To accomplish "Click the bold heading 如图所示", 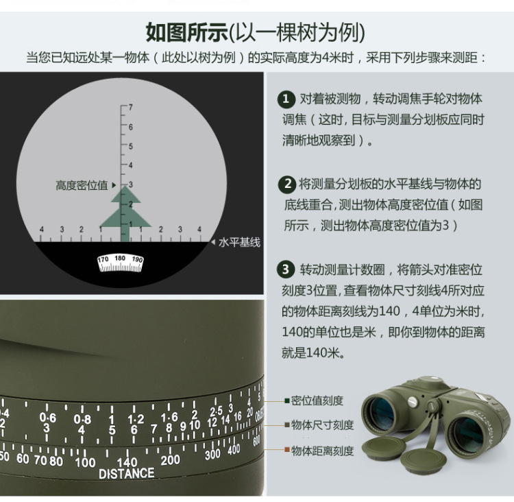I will pos(186,32).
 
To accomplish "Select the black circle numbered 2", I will pos(286,184).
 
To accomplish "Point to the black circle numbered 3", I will pos(286,269).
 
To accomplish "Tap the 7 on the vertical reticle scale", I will pos(130,108).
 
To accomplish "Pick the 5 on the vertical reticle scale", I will pos(130,146).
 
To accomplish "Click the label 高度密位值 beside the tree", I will pos(82,185).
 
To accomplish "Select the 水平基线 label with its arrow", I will pos(235,243).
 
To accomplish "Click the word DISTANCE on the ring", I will pos(126,473).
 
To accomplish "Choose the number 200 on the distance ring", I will pos(169,459).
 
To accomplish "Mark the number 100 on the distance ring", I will pos(85,462).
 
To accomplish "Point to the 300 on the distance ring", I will pos(212,453).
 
